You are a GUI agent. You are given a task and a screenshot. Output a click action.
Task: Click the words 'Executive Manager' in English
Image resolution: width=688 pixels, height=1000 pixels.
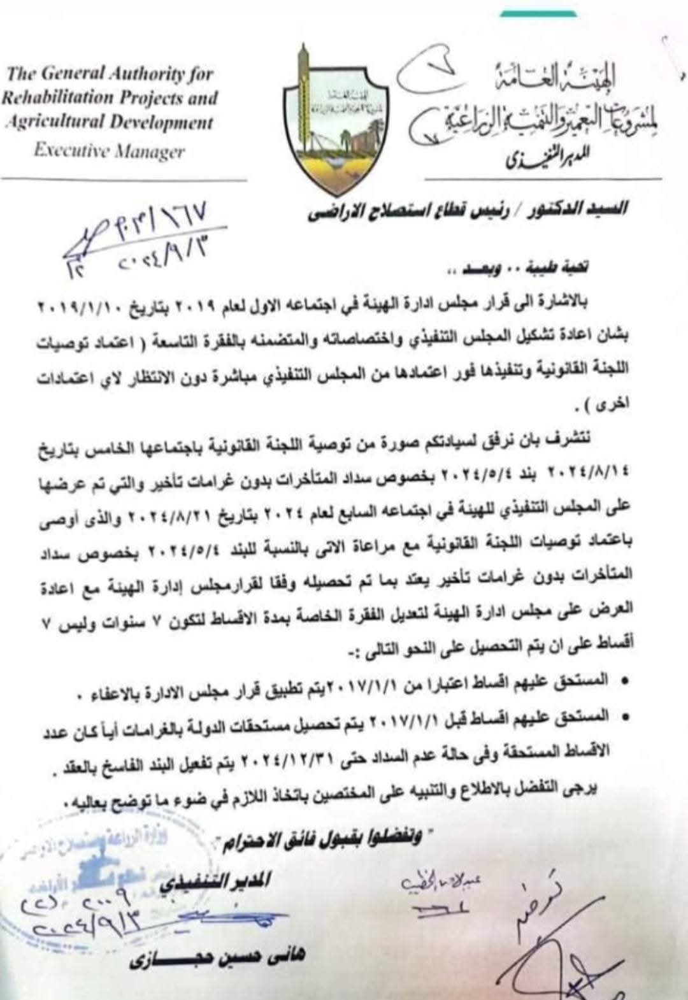pos(109,151)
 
